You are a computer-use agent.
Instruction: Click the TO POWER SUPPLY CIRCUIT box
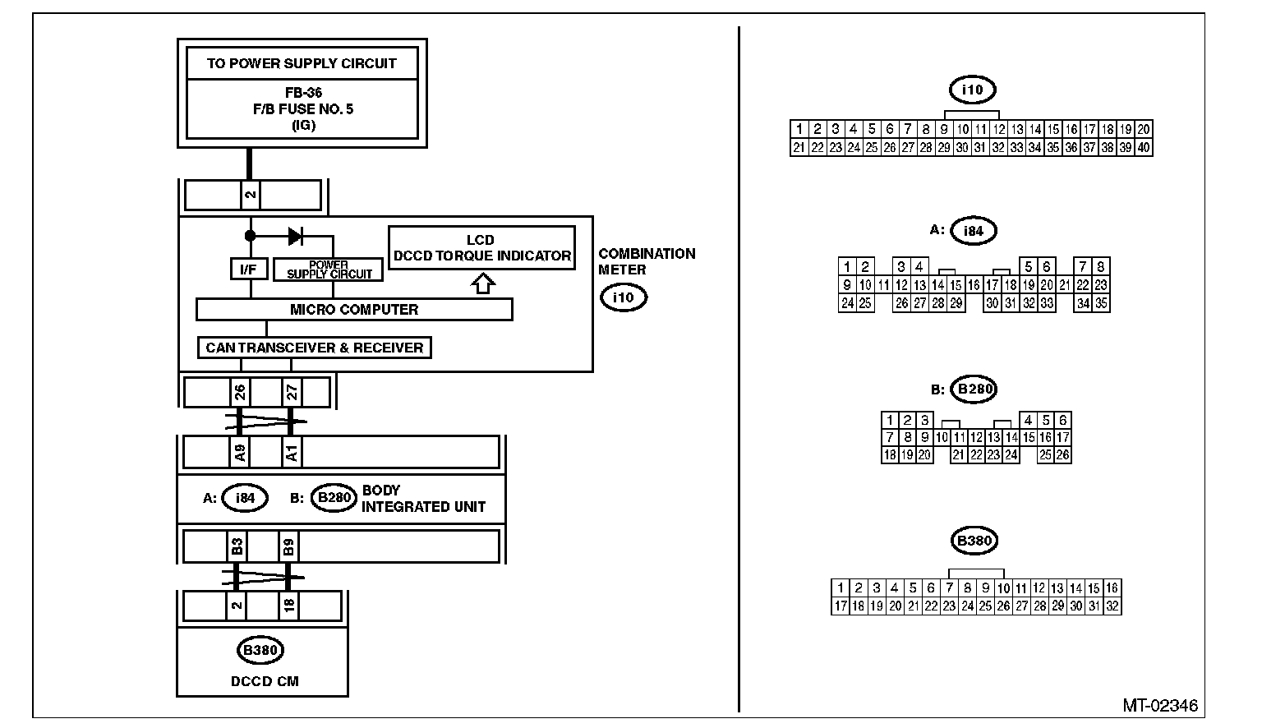point(302,63)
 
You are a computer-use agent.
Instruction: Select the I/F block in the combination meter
point(248,269)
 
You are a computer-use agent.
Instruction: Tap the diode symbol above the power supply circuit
point(296,237)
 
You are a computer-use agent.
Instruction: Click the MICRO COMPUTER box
point(354,310)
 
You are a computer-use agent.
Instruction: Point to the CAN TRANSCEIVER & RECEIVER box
point(314,348)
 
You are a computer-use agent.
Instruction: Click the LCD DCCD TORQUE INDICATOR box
point(481,247)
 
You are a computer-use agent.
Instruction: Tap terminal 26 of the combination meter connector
point(240,392)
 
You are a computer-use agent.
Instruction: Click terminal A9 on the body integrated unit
point(240,452)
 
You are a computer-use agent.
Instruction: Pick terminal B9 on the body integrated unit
point(288,546)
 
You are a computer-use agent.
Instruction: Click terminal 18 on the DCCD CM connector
point(288,606)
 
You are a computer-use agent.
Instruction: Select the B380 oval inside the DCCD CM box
point(261,651)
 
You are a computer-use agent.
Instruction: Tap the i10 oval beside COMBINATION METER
point(624,297)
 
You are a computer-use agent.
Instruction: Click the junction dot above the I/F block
point(250,236)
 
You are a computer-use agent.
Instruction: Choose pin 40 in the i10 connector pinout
point(1144,148)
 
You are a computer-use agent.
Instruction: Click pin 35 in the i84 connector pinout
point(1101,303)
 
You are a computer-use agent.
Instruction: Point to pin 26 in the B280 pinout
point(1062,454)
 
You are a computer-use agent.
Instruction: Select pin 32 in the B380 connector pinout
point(1112,606)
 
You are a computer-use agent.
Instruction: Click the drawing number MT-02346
point(1160,706)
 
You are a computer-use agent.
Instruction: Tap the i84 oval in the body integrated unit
point(245,498)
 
